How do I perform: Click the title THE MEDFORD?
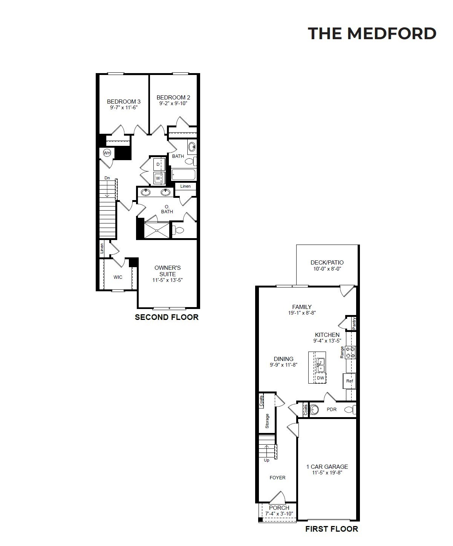[372, 34]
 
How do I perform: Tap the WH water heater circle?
[107, 153]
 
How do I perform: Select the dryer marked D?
[159, 164]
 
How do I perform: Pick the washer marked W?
[159, 178]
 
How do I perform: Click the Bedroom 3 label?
[124, 101]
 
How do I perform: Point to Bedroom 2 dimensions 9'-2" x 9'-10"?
[173, 104]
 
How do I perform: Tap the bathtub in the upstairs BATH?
[184, 174]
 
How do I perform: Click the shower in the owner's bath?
[157, 230]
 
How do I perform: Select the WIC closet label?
[118, 277]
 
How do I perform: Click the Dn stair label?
[107, 178]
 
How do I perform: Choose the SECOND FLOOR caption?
[167, 317]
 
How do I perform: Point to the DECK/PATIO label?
[327, 262]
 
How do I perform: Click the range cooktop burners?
[351, 352]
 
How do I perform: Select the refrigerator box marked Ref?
[349, 381]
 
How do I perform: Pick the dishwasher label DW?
[320, 378]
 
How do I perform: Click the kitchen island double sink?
[321, 365]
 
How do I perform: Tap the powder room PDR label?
[332, 410]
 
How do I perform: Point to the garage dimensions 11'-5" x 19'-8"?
[327, 473]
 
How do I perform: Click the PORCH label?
[279, 508]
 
